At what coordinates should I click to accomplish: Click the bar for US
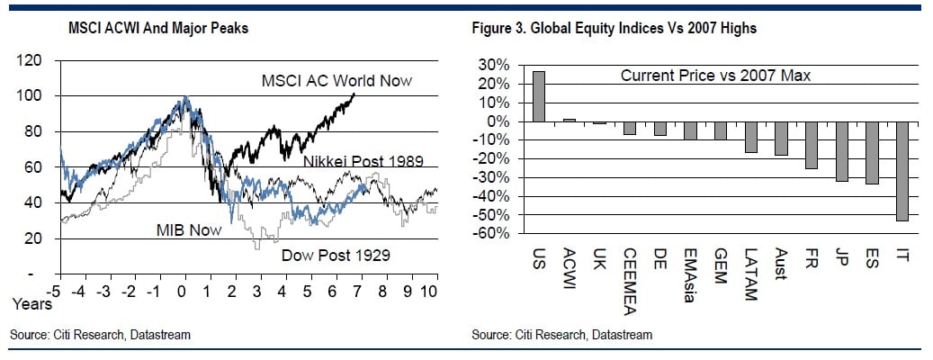[539, 96]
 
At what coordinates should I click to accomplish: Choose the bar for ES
[872, 153]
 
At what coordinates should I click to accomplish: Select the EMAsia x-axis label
[690, 276]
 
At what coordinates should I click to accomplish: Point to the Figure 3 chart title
[614, 28]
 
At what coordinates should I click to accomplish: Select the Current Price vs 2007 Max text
[716, 76]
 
